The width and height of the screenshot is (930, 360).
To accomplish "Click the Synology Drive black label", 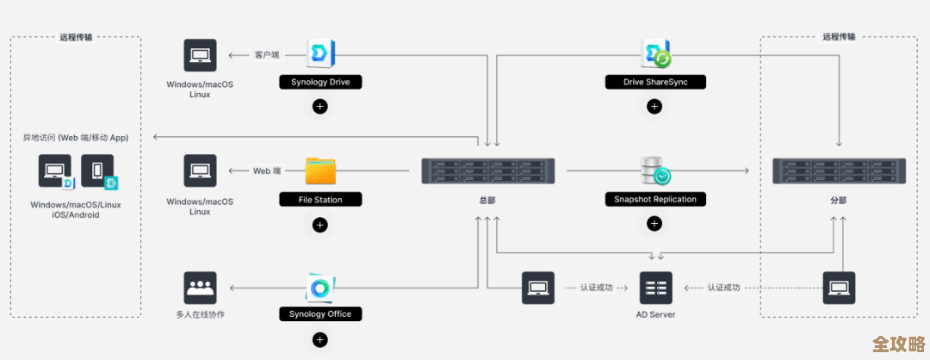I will click(319, 83).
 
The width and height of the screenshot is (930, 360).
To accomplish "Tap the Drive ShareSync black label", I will click(654, 83).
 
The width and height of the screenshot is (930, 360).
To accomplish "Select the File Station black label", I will click(319, 200).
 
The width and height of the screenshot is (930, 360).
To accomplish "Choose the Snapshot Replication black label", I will click(654, 200).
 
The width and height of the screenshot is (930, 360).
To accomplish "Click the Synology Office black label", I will click(319, 314).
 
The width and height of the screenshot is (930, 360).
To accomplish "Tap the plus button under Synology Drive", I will click(319, 107).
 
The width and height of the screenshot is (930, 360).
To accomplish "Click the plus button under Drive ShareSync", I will click(654, 107).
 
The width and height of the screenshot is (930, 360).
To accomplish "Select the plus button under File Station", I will click(319, 225).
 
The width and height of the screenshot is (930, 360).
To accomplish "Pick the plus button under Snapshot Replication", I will click(654, 224).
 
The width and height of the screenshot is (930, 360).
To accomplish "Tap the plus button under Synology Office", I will click(319, 339).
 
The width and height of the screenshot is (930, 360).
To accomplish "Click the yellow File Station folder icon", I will click(320, 171).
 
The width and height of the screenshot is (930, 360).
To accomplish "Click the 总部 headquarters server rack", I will click(487, 171).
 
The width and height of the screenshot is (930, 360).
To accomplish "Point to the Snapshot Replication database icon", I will click(654, 171).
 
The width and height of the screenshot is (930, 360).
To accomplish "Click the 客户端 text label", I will click(266, 55).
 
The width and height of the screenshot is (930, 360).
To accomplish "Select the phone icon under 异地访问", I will click(97, 171).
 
